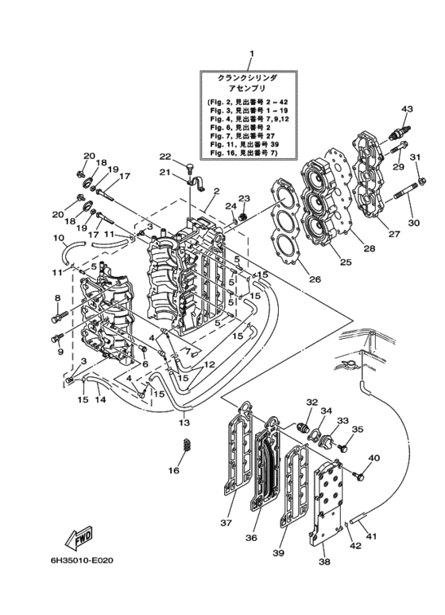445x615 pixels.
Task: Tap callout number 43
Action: tap(407, 109)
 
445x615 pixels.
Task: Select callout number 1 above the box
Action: tap(252, 53)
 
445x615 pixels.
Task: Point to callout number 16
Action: tap(174, 470)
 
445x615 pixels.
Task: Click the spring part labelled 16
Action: tap(187, 446)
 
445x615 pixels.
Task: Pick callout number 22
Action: tap(165, 157)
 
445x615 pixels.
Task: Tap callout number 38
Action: tap(324, 562)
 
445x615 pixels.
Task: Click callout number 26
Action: tap(315, 279)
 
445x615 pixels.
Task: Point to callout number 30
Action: tap(414, 223)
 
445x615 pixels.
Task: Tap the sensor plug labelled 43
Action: tap(400, 131)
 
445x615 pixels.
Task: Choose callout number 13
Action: tap(184, 422)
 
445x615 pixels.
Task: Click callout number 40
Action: tap(373, 457)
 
